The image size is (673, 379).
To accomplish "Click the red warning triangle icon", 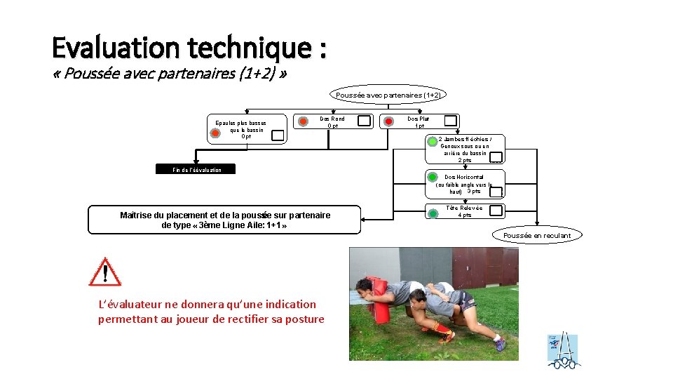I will pyautogui.click(x=105, y=272).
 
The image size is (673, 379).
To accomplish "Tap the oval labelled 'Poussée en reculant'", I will pyautogui.click(x=537, y=235).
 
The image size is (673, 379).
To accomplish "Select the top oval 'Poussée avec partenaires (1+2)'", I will pyautogui.click(x=388, y=95).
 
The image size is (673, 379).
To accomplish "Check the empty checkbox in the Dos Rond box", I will pyautogui.click(x=365, y=121).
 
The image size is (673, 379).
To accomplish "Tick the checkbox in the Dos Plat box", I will pyautogui.click(x=450, y=121).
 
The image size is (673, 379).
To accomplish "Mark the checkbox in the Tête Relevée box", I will pyautogui.click(x=496, y=210).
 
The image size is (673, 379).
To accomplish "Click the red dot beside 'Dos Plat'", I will pyautogui.click(x=388, y=121).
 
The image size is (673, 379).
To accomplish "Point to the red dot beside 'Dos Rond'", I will pyautogui.click(x=303, y=121).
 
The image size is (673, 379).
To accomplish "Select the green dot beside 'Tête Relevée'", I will pyautogui.click(x=433, y=210).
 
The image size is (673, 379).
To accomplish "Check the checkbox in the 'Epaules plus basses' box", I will pyautogui.click(x=278, y=135).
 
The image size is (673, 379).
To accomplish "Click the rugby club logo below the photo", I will pyautogui.click(x=563, y=350).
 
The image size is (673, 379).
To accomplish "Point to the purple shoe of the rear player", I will pyautogui.click(x=499, y=345).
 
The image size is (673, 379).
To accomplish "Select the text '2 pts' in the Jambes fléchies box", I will pyautogui.click(x=465, y=161).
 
